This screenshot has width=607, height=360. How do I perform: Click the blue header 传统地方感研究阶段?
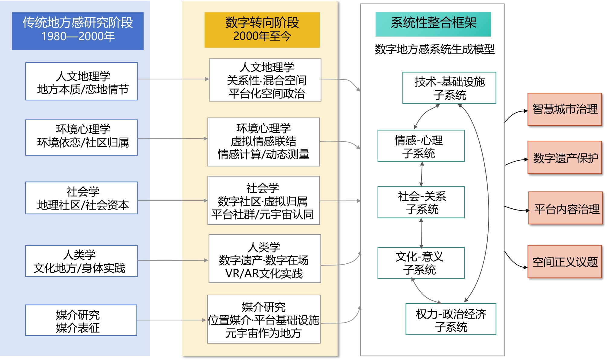[78, 31]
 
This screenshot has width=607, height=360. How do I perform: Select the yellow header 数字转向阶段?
[262, 30]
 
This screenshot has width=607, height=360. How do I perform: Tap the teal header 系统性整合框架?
[433, 24]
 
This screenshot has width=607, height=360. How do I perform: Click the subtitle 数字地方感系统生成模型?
[434, 49]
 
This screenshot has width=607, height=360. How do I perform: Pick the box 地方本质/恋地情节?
[82, 81]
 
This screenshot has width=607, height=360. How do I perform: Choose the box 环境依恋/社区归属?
[82, 137]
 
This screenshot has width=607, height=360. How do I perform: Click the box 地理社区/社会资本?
[82, 198]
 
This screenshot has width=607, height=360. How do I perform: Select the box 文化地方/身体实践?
[82, 261]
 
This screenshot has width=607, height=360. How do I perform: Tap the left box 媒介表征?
[81, 320]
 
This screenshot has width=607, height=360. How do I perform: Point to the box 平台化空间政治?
[265, 80]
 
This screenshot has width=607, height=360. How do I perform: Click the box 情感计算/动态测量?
[263, 142]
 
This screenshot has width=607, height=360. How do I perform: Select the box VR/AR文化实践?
[265, 259]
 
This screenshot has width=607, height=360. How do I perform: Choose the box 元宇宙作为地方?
[263, 319]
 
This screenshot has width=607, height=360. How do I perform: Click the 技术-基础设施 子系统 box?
[449, 88]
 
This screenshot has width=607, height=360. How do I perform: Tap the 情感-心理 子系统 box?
[421, 146]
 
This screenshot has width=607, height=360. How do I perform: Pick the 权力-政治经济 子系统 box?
[451, 319]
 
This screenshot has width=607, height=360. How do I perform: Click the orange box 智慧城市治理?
[564, 109]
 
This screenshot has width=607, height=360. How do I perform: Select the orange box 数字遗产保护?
[564, 157]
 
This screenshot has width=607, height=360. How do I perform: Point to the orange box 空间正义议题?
[564, 262]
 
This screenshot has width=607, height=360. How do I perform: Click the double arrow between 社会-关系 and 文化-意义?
[421, 233]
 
